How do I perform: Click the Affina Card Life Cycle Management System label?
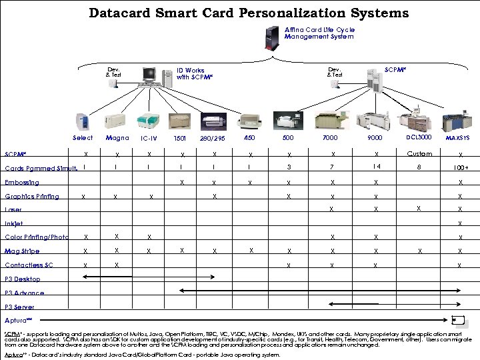[x=319, y=33]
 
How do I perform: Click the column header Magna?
[x=117, y=138]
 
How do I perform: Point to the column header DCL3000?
[x=419, y=137]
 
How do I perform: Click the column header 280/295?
[x=213, y=139]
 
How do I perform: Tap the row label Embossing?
[x=22, y=182]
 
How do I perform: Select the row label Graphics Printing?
[x=32, y=196]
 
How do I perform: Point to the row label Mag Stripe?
[x=22, y=251]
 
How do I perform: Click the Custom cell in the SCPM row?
[x=419, y=154]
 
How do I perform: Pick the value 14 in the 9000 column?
[x=377, y=167]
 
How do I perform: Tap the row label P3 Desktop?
[x=23, y=279]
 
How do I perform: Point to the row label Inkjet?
[x=14, y=223]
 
